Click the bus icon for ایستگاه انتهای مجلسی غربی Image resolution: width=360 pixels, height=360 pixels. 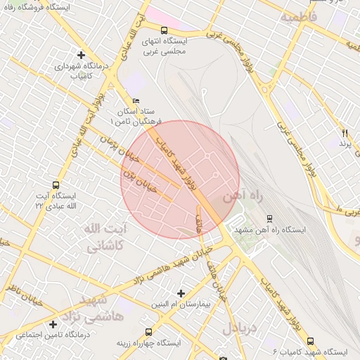tap(164, 30)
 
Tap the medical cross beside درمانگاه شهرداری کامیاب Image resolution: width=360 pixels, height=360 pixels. tap(81, 54)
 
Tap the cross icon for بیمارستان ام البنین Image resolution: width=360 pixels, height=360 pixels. tap(181, 292)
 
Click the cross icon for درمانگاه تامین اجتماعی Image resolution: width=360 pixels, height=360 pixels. tap(53, 324)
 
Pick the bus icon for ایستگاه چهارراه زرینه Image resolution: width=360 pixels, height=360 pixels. tap(148, 332)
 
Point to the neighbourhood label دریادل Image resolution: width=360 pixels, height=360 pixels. tap(242, 328)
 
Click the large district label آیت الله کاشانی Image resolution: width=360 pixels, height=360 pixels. tap(103, 238)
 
